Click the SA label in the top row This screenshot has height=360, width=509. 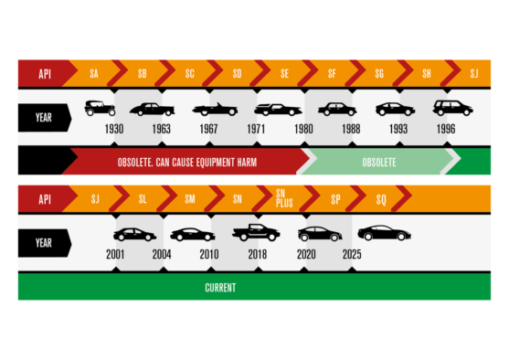93,73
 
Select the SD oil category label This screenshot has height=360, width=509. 237,73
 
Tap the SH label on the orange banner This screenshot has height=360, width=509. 427,73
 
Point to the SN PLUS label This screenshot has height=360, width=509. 284,198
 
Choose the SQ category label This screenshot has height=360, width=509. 381,198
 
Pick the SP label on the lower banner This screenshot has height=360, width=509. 335,198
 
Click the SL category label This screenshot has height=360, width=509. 142,198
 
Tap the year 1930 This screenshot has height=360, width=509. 114,129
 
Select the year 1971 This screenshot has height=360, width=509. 256,129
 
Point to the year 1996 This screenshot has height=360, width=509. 446,129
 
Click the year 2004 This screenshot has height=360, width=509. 162,255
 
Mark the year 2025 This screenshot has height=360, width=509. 352,255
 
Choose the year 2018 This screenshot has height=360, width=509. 257,255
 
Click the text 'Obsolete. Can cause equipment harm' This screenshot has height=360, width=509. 187,163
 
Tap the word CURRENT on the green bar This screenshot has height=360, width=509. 220,288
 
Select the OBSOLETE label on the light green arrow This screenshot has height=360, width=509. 378,163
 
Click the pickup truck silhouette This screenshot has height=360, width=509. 255,232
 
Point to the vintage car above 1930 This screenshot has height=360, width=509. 100,108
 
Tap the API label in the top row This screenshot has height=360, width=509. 45,73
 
